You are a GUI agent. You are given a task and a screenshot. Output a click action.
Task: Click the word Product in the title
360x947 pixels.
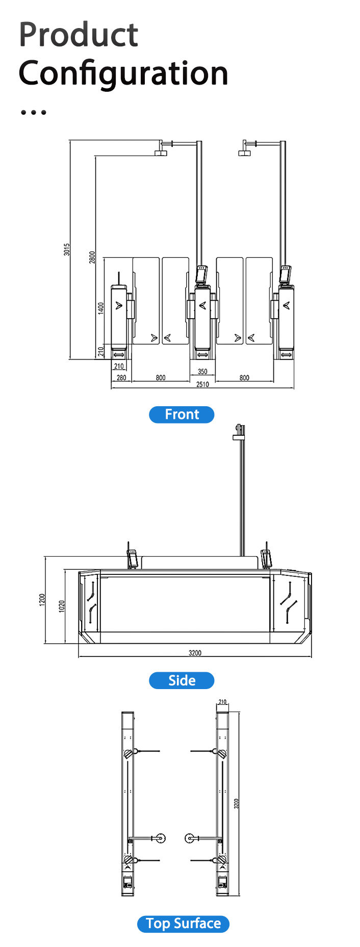tap(79, 35)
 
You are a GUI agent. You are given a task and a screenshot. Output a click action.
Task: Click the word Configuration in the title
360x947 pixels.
tap(123, 73)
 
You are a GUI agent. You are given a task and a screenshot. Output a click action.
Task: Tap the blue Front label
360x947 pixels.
tap(182, 414)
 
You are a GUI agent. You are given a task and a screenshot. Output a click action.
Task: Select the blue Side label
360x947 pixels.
tap(182, 680)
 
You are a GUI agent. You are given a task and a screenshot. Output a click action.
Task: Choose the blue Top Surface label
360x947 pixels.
tap(183, 924)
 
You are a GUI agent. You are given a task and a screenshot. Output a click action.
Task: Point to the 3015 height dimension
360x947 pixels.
tap(67, 249)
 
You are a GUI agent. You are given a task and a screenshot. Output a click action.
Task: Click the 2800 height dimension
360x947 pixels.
tap(92, 257)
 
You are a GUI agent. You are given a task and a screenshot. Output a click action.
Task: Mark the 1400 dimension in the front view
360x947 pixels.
tap(101, 308)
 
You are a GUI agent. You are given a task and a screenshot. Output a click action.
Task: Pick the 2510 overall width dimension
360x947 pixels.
tap(202, 384)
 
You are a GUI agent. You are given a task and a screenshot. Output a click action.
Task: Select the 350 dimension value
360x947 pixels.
tap(202, 372)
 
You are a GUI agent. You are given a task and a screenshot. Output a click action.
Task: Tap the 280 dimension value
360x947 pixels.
tap(121, 378)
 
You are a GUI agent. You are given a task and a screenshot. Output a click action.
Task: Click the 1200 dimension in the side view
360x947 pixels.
tap(42, 600)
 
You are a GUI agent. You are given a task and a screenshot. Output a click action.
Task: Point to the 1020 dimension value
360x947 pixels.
tap(62, 606)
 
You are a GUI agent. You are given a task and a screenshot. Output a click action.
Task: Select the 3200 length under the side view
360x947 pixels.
tap(195, 653)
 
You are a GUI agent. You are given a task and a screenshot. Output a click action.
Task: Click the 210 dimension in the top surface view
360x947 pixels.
tap(222, 702)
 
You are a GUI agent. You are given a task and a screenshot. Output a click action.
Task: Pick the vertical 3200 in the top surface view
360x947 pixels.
tap(236, 803)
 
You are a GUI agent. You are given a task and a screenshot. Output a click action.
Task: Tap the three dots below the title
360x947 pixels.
tap(34, 112)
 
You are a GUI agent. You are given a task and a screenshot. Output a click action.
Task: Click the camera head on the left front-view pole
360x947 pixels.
tap(161, 152)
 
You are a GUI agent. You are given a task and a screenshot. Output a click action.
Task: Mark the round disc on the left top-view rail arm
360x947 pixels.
tap(161, 838)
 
